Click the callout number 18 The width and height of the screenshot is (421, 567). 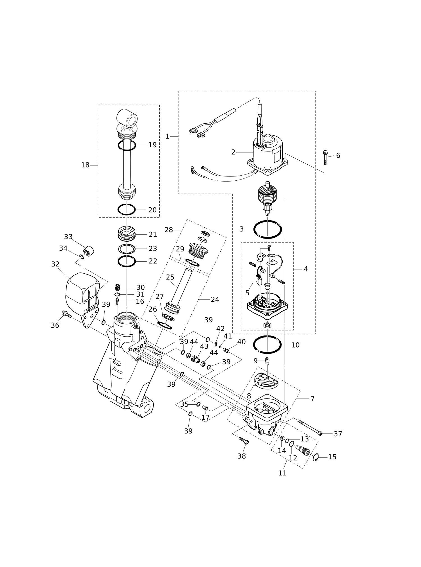coord(85,165)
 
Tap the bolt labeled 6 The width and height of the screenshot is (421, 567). coord(325,158)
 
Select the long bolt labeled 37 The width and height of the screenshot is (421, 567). coord(310,427)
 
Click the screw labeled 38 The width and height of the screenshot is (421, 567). coord(244,440)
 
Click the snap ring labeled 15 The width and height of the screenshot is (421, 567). coord(316,457)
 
